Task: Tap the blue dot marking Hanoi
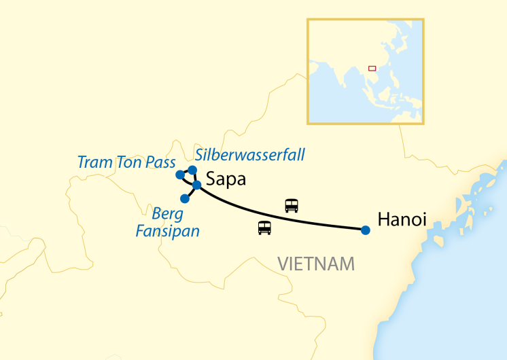366,230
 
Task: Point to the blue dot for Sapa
196,185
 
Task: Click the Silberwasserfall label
250,154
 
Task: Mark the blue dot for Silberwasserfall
192,170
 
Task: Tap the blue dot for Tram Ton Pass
180,175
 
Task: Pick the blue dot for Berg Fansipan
184,198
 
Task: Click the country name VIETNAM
316,263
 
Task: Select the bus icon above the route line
292,205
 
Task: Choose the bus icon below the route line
264,228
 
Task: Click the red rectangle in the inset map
372,68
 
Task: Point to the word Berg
167,214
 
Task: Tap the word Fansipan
167,231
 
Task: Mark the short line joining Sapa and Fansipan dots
190,192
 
